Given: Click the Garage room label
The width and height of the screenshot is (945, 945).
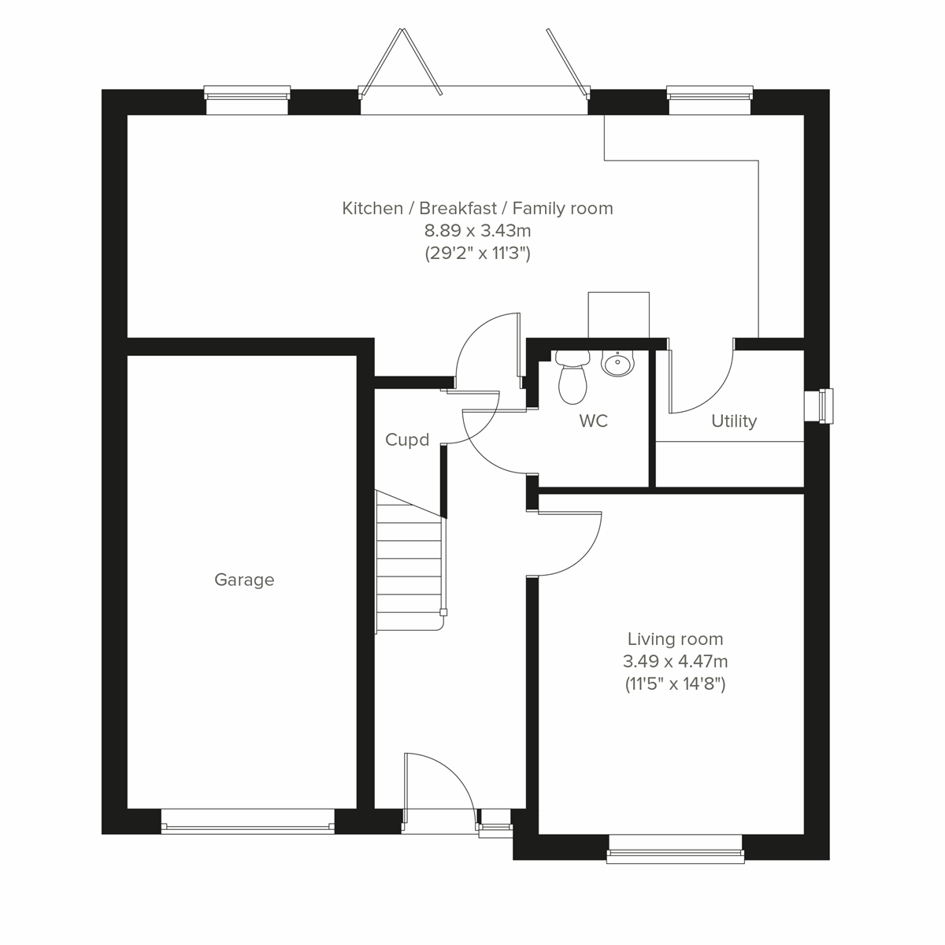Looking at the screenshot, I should pos(244,580).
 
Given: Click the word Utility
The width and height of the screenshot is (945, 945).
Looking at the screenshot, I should pos(734,421).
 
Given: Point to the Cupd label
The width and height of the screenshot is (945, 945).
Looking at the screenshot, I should pos(407,439).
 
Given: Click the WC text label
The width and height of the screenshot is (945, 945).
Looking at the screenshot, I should pos(593,421).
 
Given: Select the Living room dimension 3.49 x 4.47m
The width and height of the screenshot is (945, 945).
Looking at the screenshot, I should pos(675,661).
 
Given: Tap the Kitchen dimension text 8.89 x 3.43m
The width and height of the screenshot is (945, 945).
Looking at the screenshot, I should pos(477,231).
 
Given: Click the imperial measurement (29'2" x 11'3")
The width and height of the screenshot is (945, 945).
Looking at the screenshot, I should pos(477,254).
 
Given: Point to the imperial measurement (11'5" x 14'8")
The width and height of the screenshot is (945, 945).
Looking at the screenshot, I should pos(675,684).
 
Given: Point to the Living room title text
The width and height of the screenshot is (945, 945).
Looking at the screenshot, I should pos(675,639).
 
